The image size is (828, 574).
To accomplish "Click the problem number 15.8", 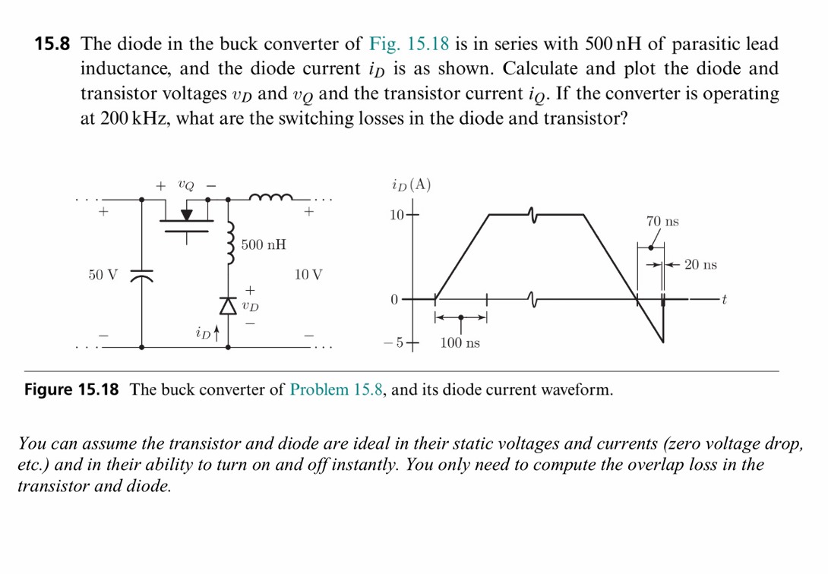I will coord(52,44).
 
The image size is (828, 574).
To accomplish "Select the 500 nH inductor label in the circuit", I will coord(264,244).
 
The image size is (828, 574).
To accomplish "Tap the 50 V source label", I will coord(103,274).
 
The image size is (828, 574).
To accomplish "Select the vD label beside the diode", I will coord(250,306).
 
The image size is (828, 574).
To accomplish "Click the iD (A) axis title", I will coord(411,184).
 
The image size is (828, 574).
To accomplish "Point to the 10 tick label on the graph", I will coord(397,215).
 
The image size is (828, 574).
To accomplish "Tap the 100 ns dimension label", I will coord(460,344).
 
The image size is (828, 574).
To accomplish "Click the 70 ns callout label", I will coord(662,222).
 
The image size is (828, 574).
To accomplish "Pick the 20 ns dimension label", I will coord(700,265).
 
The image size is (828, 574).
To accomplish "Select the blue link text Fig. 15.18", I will coord(409,44).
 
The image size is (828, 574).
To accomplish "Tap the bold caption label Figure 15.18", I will coord(72,390).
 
